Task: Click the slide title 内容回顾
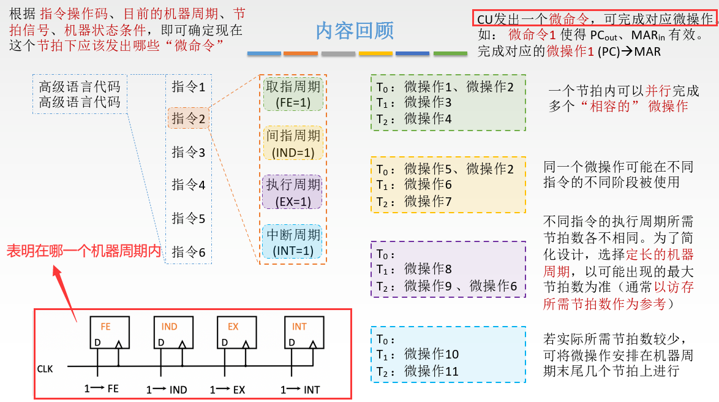coord(355,31)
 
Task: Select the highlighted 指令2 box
coord(189,118)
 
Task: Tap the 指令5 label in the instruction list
coord(189,218)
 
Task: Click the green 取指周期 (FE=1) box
coord(293,94)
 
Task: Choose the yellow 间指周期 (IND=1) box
coord(293,143)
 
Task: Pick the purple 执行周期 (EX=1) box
coord(293,192)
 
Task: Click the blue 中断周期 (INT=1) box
coord(293,242)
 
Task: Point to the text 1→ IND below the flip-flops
coord(167,390)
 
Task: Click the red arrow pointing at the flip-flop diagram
coord(64,288)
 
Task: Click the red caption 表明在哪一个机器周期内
coord(83,251)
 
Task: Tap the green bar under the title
coord(450,54)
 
